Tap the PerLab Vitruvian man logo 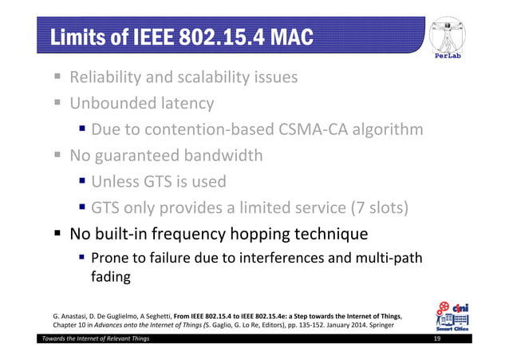coord(452,38)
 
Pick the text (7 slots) coord(379,208)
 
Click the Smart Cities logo coord(452,315)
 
